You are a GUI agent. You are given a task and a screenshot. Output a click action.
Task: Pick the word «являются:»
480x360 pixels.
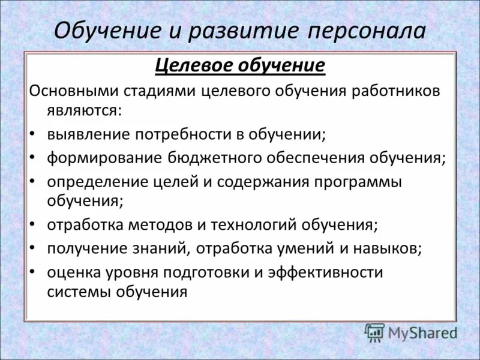(84, 110)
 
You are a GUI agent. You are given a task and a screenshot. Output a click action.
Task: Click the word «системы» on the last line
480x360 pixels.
(75, 292)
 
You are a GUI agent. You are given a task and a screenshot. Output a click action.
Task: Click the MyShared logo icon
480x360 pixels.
(374, 332)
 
